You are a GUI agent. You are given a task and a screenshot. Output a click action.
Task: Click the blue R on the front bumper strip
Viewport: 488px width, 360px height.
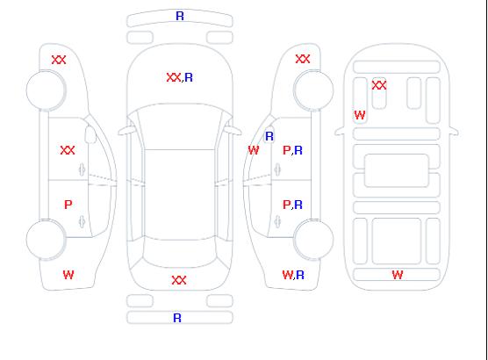pyautogui.click(x=180, y=16)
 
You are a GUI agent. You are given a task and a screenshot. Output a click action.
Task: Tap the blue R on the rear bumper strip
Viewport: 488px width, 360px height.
pyautogui.click(x=177, y=318)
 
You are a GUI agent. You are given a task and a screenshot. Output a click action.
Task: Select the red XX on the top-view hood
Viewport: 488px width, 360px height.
pyautogui.click(x=174, y=77)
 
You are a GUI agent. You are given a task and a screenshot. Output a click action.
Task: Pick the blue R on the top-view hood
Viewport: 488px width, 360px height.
pyautogui.click(x=189, y=77)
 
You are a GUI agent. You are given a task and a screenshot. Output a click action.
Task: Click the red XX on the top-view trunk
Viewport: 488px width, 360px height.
pyautogui.click(x=179, y=280)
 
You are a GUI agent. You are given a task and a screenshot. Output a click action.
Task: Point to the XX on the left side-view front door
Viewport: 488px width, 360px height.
pyautogui.click(x=68, y=150)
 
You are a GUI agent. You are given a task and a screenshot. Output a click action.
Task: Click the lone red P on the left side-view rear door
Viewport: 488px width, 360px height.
pyautogui.click(x=68, y=205)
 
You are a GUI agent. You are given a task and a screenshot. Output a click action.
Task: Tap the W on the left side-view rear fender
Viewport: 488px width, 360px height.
pyautogui.click(x=68, y=275)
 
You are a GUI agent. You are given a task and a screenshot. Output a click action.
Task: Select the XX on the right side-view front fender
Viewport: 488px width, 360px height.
pyautogui.click(x=303, y=59)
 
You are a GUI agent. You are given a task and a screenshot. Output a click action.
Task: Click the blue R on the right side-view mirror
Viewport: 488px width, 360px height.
pyautogui.click(x=269, y=136)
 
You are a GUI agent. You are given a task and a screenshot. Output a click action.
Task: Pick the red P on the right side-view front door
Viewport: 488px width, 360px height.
pyautogui.click(x=286, y=150)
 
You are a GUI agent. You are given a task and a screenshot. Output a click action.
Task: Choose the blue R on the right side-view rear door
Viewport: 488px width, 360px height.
pyautogui.click(x=298, y=205)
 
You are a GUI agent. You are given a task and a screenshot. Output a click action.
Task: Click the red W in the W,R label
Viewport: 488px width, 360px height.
pyautogui.click(x=288, y=275)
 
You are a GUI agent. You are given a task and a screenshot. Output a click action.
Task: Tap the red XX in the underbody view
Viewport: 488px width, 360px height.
pyautogui.click(x=379, y=85)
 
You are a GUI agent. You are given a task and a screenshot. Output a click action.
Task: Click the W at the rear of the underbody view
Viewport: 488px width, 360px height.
pyautogui.click(x=398, y=275)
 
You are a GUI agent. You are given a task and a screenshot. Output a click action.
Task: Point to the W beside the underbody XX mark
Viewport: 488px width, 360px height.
pyautogui.click(x=360, y=116)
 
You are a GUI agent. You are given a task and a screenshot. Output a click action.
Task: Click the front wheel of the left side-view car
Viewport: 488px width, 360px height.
pyautogui.click(x=46, y=90)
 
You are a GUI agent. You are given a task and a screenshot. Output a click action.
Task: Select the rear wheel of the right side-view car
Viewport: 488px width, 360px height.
pyautogui.click(x=313, y=240)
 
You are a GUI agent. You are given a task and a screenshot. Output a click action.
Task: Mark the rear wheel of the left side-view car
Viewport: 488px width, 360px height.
pyautogui.click(x=46, y=240)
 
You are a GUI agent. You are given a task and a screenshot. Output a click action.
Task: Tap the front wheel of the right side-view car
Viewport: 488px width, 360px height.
pyautogui.click(x=313, y=90)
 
